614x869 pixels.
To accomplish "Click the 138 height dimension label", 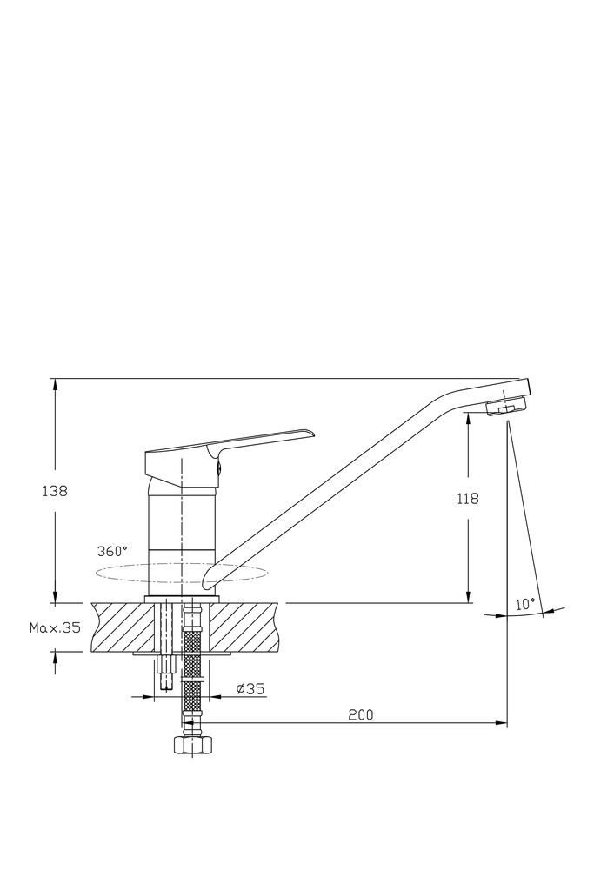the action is click(55, 491).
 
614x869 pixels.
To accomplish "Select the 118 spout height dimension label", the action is click(468, 499).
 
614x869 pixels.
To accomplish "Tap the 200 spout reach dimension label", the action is click(361, 714).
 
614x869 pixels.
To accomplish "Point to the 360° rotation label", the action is click(112, 552).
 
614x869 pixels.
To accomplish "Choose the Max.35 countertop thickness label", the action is click(55, 628).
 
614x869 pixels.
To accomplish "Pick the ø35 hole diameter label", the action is click(250, 689).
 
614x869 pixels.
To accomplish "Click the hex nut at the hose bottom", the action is click(192, 745).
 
